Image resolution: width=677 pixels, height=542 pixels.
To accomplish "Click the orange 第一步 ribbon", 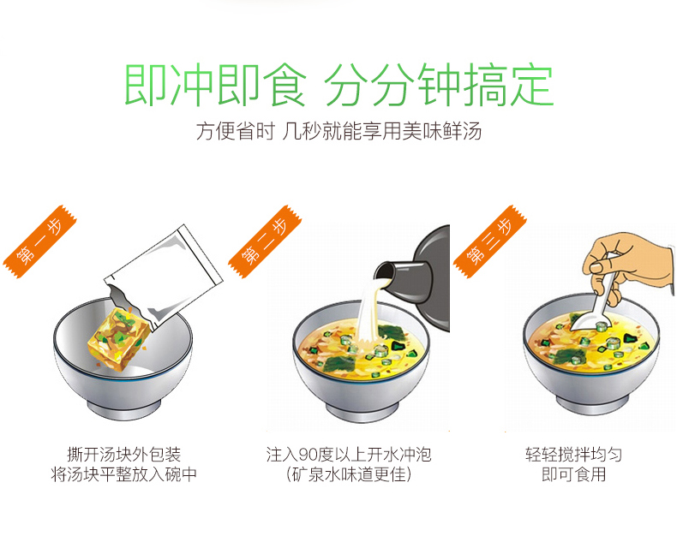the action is pos(39,241).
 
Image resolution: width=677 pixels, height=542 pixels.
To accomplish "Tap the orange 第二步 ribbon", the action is pos(265,241).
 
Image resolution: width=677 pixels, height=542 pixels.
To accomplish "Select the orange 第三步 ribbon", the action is pos(490,241).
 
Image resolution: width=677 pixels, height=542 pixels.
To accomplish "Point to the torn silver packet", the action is pos(164,277).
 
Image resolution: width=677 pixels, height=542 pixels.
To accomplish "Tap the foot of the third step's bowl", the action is pos(592,406).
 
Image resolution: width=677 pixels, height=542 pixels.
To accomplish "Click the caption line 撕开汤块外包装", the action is pos(124,455).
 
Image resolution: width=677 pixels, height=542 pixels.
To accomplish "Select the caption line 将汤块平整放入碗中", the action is pos(124,474).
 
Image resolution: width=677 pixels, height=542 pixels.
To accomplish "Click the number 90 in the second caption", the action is pos(309,455).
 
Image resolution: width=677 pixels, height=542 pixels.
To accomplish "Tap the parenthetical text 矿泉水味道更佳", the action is pos(349,474).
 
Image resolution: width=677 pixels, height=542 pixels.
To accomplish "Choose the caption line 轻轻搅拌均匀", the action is pos(574,455).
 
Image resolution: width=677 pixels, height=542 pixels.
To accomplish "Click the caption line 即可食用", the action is pos(574,474).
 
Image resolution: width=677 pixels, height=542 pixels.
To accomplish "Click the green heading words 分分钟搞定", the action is pos(438,85).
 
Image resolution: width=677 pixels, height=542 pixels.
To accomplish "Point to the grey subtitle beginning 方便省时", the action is pos(339,131).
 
